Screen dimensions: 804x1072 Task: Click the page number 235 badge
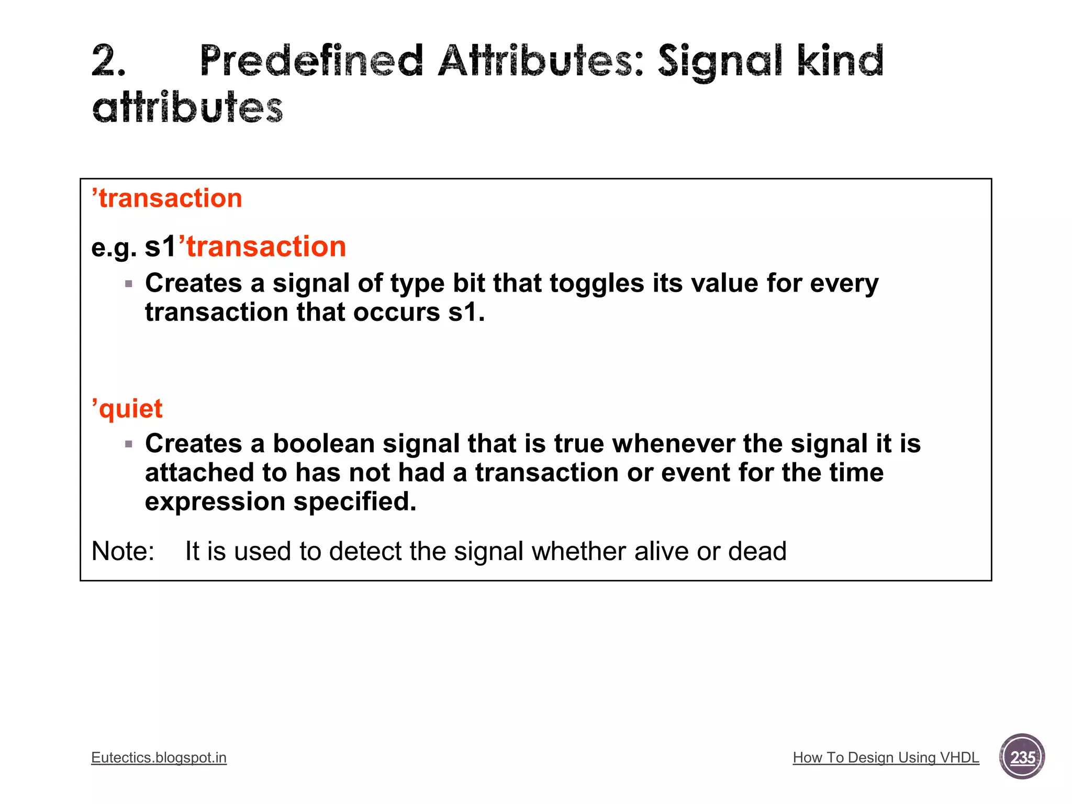[1022, 757]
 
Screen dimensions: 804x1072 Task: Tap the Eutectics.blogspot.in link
[159, 757]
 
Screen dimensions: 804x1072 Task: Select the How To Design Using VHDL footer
[886, 757]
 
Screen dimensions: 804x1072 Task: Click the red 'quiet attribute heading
[127, 409]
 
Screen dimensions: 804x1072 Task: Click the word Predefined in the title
[311, 61]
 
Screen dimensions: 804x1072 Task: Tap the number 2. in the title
[109, 61]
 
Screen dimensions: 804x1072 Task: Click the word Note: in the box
[123, 551]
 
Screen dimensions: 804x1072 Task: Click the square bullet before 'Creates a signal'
[129, 284]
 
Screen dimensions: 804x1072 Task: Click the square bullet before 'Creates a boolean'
[129, 444]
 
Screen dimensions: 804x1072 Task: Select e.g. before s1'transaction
[114, 248]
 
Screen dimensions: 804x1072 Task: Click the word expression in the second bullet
[215, 501]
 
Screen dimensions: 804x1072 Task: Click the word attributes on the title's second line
[187, 108]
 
